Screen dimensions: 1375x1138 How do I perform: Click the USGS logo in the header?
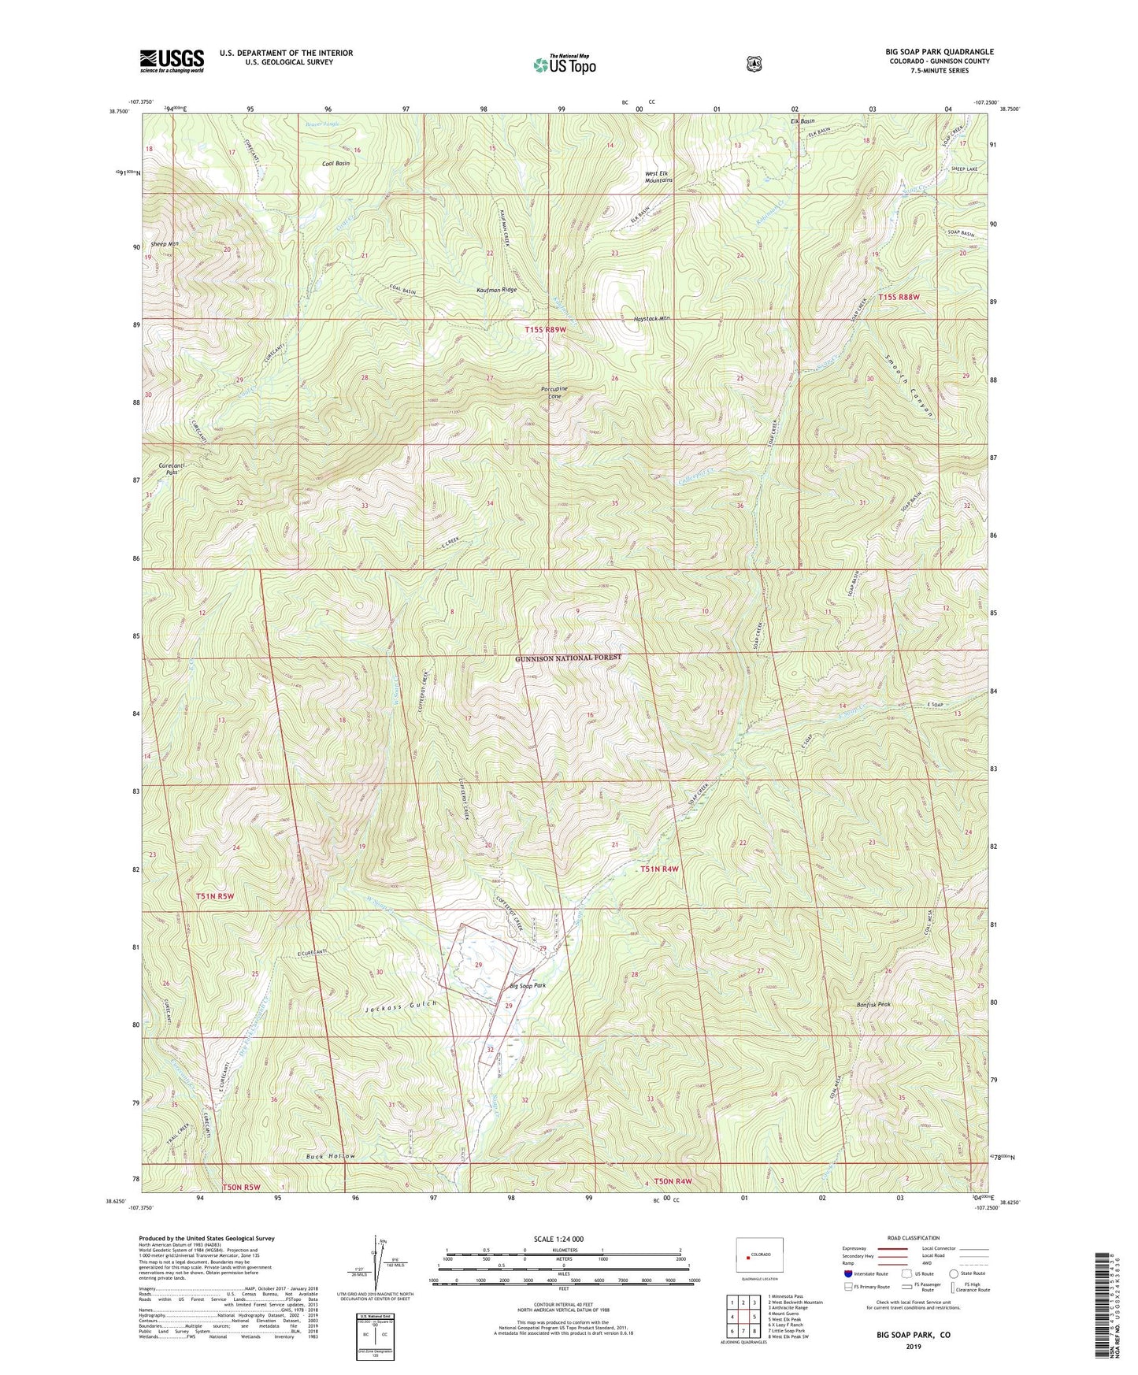pos(172,61)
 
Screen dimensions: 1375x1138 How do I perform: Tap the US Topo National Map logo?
pos(564,64)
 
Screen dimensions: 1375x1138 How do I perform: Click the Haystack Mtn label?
pos(652,319)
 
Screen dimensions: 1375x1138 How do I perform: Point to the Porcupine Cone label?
pos(554,392)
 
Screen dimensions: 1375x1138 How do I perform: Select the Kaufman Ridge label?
pos(497,290)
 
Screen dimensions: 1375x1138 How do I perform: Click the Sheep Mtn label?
pos(165,244)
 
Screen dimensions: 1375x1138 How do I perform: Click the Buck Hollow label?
pos(331,1156)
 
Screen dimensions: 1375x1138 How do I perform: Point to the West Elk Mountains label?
pos(659,176)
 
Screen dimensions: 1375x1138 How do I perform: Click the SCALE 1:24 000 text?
pos(558,1239)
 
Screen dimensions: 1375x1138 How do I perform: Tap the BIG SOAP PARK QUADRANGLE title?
pos(939,51)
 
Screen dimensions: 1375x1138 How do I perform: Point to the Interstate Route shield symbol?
pos(847,1273)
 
